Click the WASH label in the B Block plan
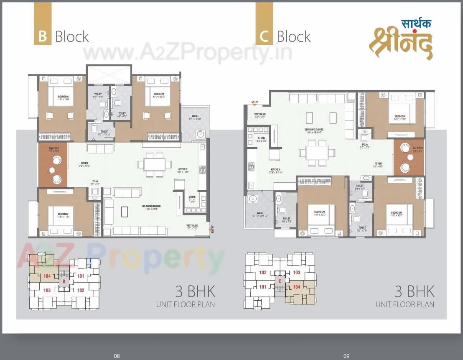pyautogui.click(x=195, y=116)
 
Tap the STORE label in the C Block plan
pyautogui.click(x=262, y=138)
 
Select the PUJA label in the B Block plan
pyautogui.click(x=95, y=181)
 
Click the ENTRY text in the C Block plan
pyautogui.click(x=255, y=102)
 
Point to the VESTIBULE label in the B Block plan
pyautogui.click(x=192, y=226)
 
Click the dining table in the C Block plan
pyautogui.click(x=317, y=153)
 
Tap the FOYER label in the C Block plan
pyautogui.click(x=378, y=163)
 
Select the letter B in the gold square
pyautogui.click(x=42, y=36)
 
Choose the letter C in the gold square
pyautogui.click(x=264, y=36)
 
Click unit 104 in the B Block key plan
pyautogui.click(x=47, y=276)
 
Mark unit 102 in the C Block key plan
pyautogui.click(x=263, y=273)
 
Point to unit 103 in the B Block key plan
pyautogui.click(x=47, y=290)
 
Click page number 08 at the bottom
pyautogui.click(x=117, y=356)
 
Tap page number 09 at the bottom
pyautogui.click(x=346, y=356)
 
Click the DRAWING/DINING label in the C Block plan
pyautogui.click(x=314, y=130)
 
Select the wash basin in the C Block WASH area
pyautogui.click(x=252, y=199)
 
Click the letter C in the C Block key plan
pyautogui.click(x=280, y=281)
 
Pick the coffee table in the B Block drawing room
pyautogui.click(x=124, y=212)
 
